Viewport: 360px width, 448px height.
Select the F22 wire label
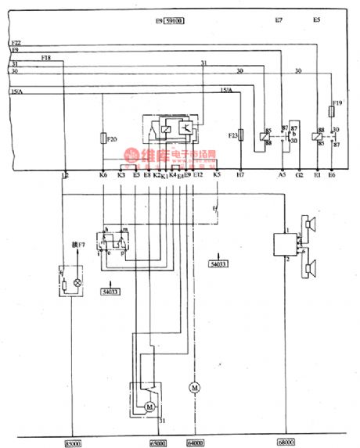[17, 41]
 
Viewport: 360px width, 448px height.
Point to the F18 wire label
[45, 58]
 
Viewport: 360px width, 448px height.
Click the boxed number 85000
[71, 443]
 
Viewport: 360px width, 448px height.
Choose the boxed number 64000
[196, 443]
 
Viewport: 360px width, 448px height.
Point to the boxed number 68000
[285, 443]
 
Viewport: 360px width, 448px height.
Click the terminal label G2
[299, 176]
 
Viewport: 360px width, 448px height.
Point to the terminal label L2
[64, 176]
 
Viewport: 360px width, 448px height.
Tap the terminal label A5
[282, 176]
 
